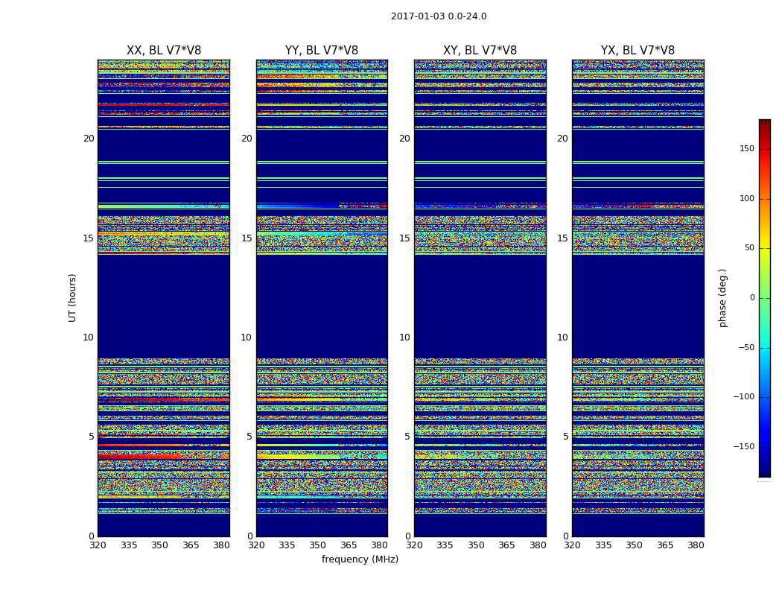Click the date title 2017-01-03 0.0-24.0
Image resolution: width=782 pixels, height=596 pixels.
[439, 16]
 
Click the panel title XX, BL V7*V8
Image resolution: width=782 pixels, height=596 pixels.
[164, 51]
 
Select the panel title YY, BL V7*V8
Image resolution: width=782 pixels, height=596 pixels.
[322, 51]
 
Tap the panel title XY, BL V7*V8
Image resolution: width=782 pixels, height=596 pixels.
[480, 51]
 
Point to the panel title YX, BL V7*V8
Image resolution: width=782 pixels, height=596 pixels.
[638, 51]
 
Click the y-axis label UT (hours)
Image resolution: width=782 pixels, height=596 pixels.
[73, 297]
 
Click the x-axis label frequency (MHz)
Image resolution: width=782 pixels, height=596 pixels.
[360, 559]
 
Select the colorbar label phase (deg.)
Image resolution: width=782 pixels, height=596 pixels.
[722, 298]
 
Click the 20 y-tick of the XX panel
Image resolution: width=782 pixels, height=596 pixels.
[89, 139]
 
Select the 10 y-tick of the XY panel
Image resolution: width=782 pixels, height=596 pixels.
[404, 337]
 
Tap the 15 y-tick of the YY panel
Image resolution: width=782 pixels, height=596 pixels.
[247, 238]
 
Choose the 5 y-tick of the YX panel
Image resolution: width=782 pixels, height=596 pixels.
[565, 437]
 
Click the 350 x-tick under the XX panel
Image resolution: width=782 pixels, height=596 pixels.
[159, 545]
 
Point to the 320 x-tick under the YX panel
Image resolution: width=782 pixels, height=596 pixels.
[572, 545]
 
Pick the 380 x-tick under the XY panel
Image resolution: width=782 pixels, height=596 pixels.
[538, 545]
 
